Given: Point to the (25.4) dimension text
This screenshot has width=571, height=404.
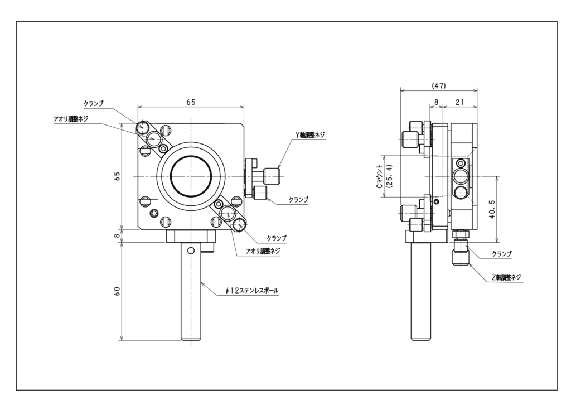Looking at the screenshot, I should point(389,176).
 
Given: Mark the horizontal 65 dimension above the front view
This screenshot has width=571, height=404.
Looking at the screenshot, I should point(191,102).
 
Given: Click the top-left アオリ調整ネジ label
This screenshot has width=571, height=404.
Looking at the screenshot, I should point(70,118).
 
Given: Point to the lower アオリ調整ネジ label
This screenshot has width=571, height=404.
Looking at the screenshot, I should point(263,251).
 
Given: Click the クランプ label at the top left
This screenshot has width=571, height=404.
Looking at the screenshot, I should point(94,104).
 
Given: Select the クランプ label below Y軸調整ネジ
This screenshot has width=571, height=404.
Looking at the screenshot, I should point(298,199).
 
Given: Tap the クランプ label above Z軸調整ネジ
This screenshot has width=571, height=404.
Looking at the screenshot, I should point(502,253).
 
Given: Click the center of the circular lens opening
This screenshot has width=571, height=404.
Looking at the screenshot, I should point(191,176).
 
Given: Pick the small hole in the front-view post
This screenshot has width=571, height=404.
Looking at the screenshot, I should point(191,250).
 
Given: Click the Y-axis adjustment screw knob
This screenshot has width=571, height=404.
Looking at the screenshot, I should point(272,176).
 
